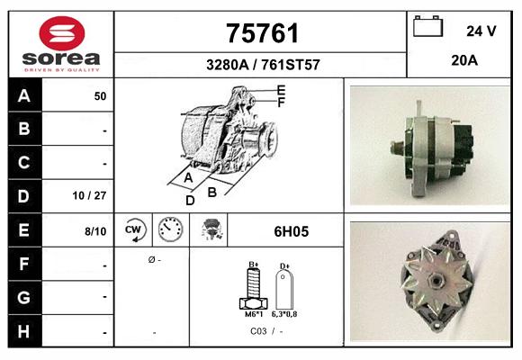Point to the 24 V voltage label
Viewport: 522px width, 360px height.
coord(481,31)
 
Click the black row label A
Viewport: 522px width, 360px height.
coord(24,95)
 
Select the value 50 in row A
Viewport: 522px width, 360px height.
coord(100,95)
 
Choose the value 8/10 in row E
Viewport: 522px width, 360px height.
coord(95,231)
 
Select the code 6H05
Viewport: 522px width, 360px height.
coord(291,231)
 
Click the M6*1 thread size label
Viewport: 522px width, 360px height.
coord(254,314)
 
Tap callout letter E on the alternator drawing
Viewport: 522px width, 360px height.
coord(282,89)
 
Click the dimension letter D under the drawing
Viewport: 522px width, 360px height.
coord(190,201)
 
